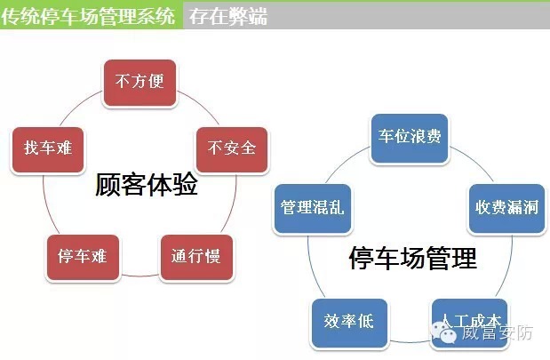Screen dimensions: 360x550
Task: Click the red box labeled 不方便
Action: click(x=139, y=81)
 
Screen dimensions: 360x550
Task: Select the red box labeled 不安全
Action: click(x=231, y=148)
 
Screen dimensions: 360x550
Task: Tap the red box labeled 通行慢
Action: click(x=196, y=257)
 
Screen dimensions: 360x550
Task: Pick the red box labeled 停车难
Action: click(x=82, y=257)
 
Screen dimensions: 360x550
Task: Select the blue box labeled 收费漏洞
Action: click(x=502, y=208)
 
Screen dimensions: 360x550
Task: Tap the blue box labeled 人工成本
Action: click(x=466, y=320)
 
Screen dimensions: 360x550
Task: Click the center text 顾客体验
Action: click(x=146, y=187)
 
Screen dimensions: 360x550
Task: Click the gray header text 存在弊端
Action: click(x=227, y=16)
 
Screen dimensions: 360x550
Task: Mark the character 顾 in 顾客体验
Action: click(x=108, y=187)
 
